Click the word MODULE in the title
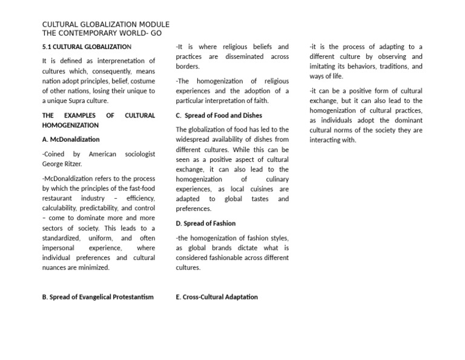(151, 24)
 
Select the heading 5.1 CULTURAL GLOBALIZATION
(87, 47)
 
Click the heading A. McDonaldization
(71, 139)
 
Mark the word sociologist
(140, 155)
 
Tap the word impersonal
(58, 248)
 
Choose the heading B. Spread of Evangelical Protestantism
(97, 297)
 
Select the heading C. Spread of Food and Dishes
(219, 115)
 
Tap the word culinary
(277, 179)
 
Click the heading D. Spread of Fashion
(206, 224)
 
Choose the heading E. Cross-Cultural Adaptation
(217, 297)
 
